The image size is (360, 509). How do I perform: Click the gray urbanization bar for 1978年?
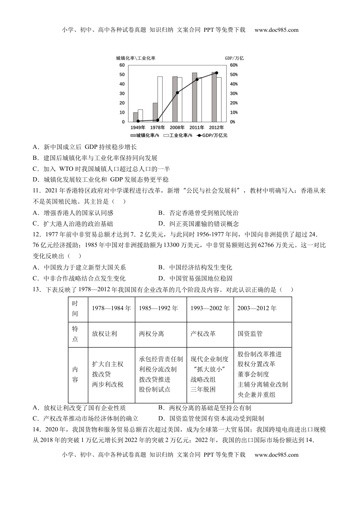pos(155,112)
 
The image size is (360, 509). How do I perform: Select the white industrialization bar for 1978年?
pos(160,99)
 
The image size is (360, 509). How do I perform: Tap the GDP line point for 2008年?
pos(177,92)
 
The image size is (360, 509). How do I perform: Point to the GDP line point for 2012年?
pos(216,73)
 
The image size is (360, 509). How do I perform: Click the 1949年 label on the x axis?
pos(138,128)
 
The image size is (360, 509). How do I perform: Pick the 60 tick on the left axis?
pos(122,65)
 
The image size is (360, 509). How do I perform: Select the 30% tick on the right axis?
pos(234,94)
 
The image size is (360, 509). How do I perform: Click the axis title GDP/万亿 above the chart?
pos(234,58)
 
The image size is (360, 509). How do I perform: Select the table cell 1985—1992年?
pos(158,308)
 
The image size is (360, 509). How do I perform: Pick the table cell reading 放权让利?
pos(105,334)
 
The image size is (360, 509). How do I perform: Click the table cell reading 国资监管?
pos(250,334)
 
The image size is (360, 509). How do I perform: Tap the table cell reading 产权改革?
pos(203,334)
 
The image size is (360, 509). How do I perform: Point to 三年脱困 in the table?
pos(203,389)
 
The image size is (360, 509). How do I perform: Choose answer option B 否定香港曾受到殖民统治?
pos(199,213)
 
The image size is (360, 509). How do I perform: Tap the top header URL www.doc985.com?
pos(276,30)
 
